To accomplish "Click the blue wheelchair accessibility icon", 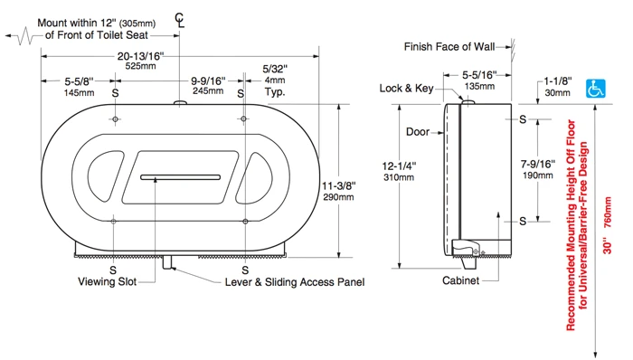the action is click(x=595, y=89).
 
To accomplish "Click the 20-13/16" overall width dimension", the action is click(x=140, y=56).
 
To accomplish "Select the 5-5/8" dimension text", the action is click(x=80, y=81).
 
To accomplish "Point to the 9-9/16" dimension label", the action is click(x=208, y=81).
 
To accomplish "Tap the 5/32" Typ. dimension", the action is click(x=275, y=69).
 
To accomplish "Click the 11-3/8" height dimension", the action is click(x=339, y=185).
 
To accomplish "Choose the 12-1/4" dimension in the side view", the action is click(x=399, y=166).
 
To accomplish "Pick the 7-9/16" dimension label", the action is click(x=538, y=165).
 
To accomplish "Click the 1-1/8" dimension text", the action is click(x=558, y=81).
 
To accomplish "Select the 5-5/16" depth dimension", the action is click(x=479, y=75).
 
